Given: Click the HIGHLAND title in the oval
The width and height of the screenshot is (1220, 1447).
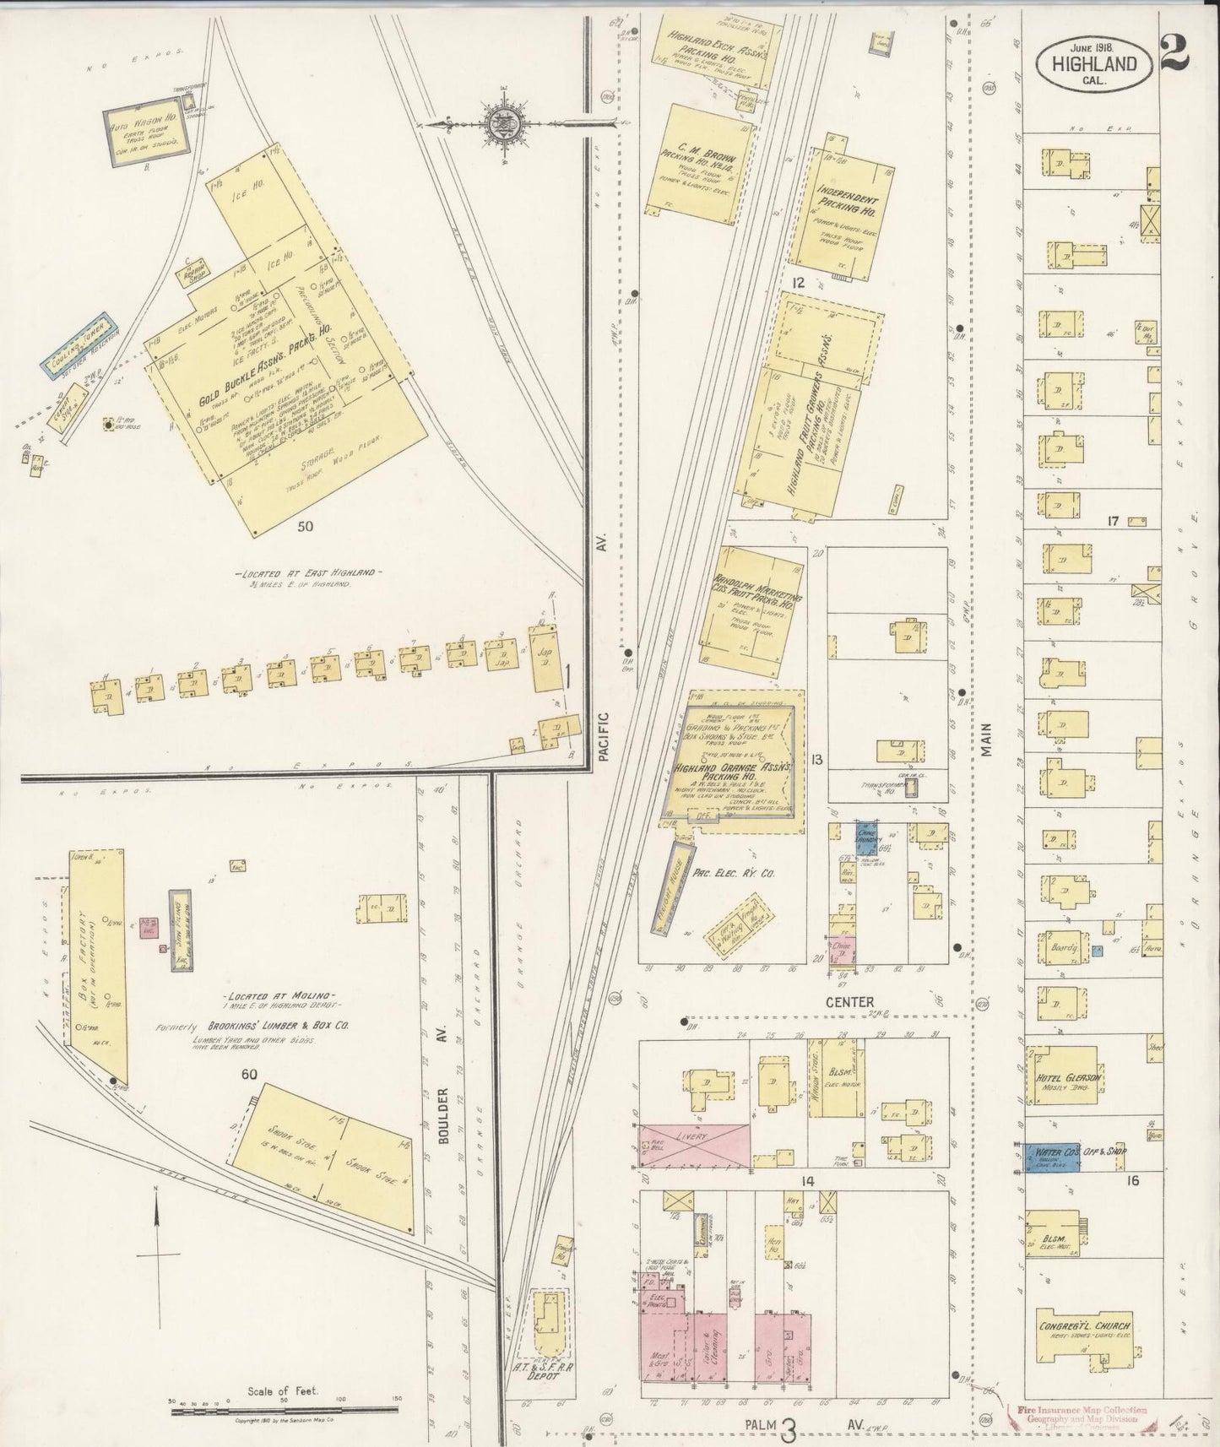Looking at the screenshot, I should click(1093, 63).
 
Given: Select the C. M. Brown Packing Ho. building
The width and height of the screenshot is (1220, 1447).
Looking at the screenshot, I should click(701, 165).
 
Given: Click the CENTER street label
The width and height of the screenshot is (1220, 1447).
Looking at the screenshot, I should click(850, 1001).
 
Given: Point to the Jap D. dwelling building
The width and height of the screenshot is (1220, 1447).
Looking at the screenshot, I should click(543, 656).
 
